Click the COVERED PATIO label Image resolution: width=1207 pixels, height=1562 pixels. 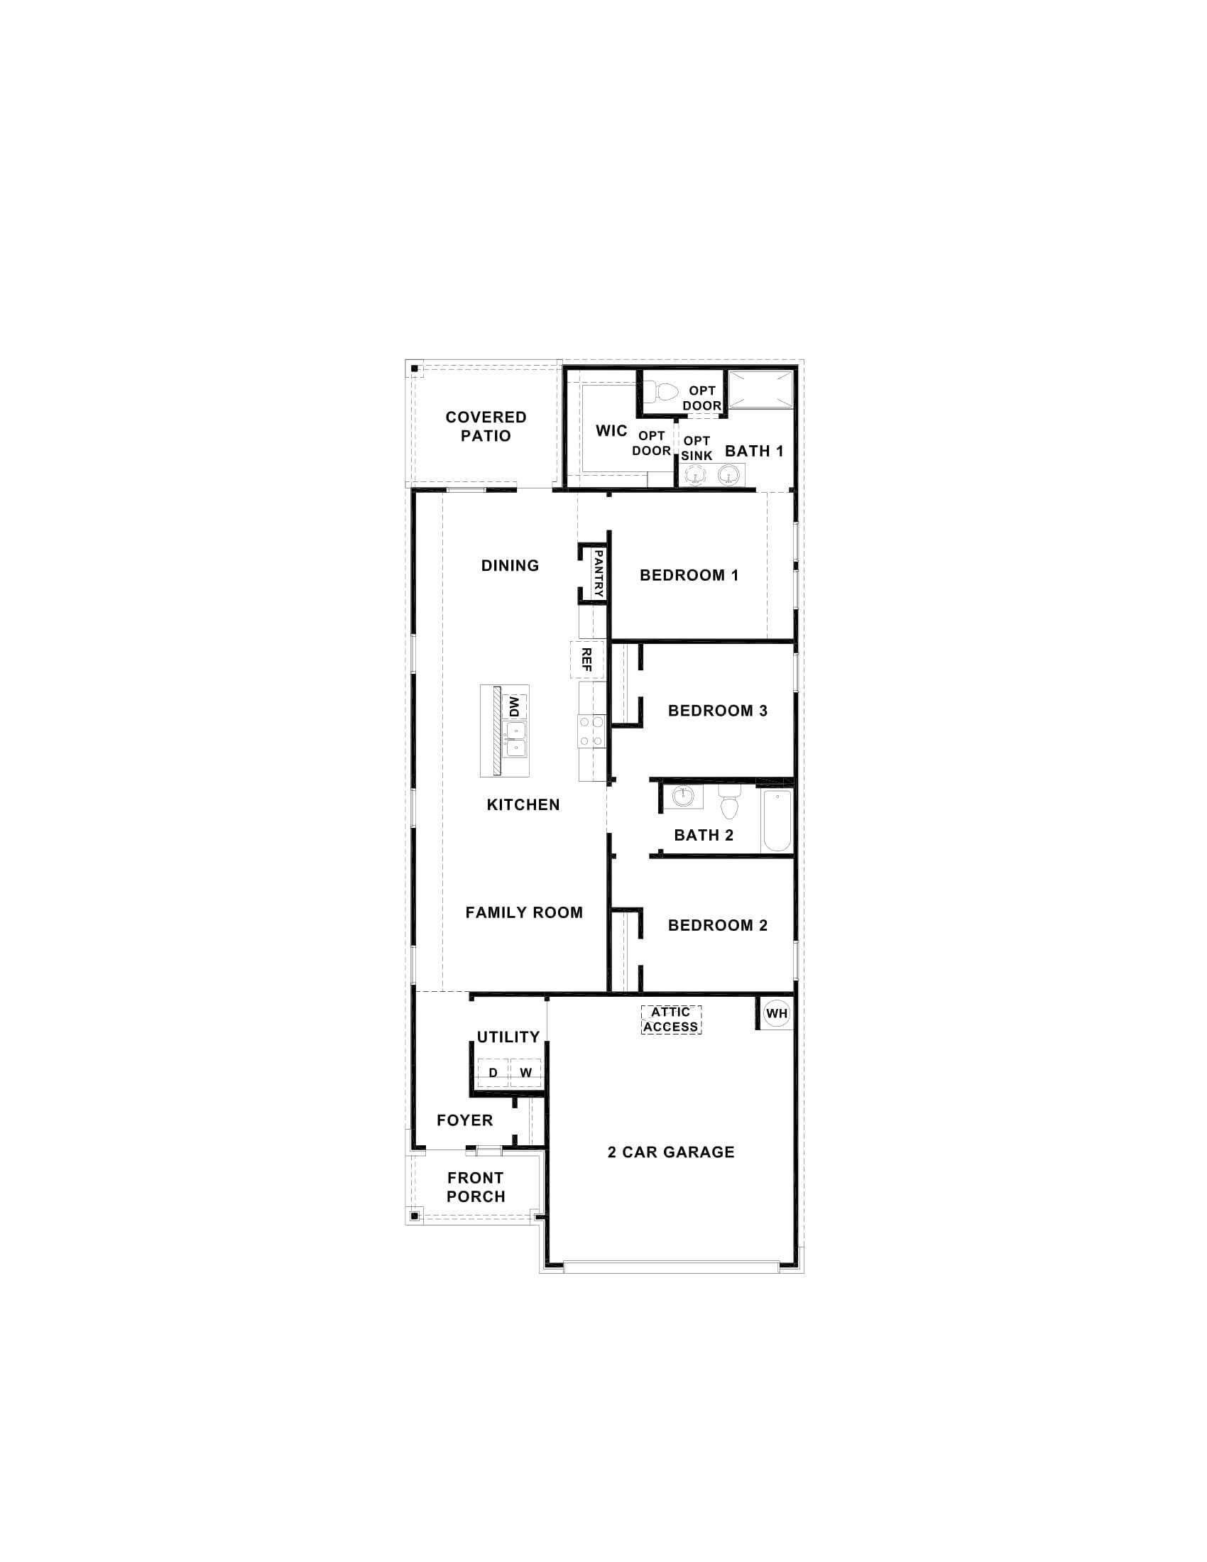coord(486,426)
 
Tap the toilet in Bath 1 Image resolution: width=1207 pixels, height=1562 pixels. coord(665,392)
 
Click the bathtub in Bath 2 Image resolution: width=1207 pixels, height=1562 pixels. coord(776,820)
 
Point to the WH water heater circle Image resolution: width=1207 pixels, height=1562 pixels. coord(777,1013)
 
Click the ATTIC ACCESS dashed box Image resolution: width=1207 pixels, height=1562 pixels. coord(671,1019)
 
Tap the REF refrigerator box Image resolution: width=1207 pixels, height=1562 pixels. coord(586,660)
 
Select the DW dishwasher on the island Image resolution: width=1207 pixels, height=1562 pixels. coord(513,707)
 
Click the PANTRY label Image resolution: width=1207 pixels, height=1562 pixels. coord(599,574)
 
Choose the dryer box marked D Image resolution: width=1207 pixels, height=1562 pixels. coord(493,1073)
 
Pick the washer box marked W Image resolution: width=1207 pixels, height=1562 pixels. coord(525,1073)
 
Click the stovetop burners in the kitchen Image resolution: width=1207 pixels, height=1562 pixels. coord(591,731)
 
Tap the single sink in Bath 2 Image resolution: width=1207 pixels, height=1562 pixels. coord(683,796)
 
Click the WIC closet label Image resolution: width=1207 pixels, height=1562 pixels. coord(611,430)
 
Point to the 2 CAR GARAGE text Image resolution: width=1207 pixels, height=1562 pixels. coord(671,1152)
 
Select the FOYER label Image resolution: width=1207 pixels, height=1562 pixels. coord(465,1120)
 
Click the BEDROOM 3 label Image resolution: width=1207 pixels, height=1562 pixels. coord(717,710)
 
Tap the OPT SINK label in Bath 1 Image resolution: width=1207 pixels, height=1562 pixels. coord(697,449)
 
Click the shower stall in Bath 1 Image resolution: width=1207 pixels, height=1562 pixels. coord(760,390)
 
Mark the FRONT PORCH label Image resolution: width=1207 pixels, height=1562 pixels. coord(476,1187)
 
